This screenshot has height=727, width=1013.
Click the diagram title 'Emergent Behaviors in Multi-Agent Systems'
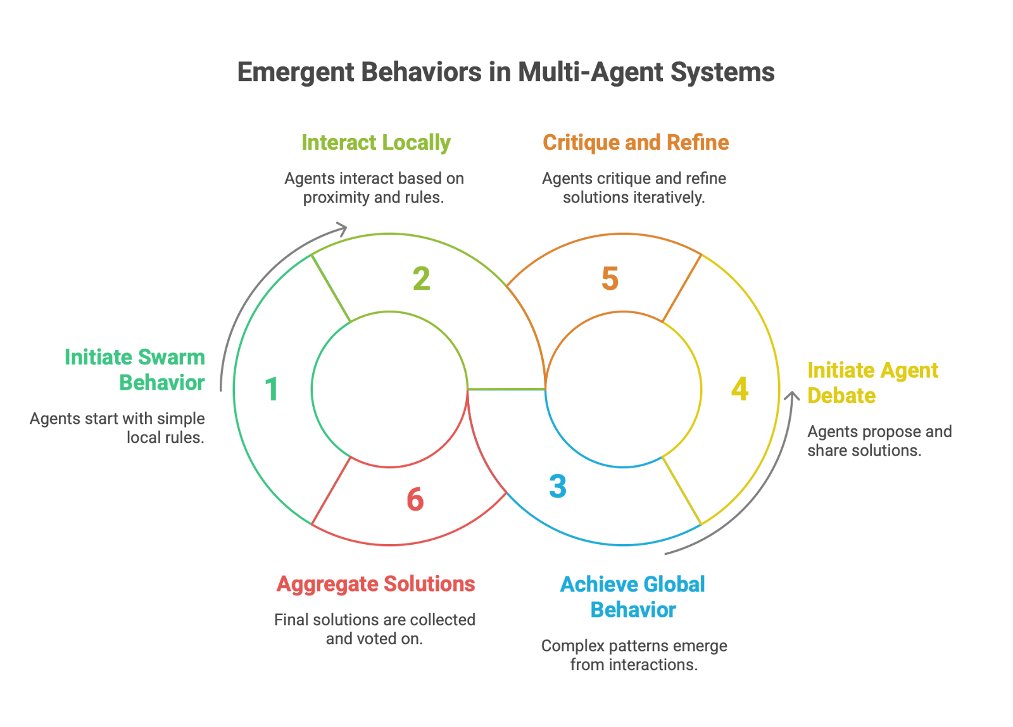[505, 72]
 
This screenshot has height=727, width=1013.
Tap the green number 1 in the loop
[272, 389]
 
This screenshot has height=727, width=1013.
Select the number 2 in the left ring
[422, 278]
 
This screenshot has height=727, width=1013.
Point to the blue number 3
[558, 486]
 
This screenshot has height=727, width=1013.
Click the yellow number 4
[739, 389]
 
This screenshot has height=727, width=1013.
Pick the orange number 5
[610, 278]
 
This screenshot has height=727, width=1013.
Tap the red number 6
[415, 499]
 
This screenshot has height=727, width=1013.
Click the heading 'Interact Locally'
[375, 143]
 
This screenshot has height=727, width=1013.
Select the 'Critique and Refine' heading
[636, 143]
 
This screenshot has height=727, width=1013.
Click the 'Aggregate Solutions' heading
[375, 584]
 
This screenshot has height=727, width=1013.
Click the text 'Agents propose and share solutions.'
[879, 441]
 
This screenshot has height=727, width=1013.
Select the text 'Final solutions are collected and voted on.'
[375, 629]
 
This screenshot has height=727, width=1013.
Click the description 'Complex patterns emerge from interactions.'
[634, 655]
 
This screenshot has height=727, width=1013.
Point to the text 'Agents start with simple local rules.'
[118, 428]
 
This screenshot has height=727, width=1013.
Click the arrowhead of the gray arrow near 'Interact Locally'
[343, 228]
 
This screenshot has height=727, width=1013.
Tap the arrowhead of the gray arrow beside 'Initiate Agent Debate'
[791, 396]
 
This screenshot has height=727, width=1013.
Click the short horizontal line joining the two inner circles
[507, 389]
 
